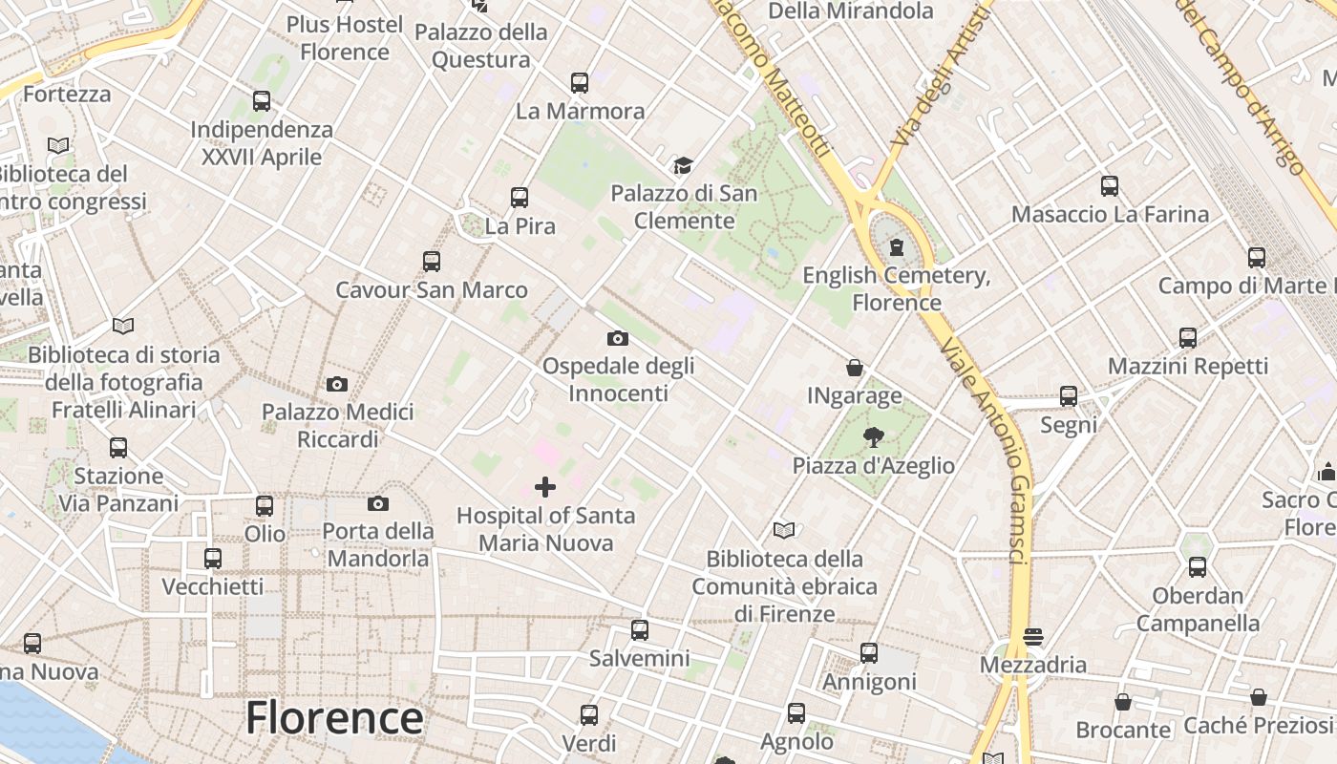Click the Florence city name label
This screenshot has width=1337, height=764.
click(334, 718)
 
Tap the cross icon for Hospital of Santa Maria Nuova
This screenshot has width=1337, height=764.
click(545, 487)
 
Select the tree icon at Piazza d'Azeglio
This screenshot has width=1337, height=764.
click(873, 437)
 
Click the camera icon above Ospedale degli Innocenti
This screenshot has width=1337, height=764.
click(618, 338)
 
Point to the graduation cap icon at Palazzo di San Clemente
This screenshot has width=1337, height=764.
click(683, 166)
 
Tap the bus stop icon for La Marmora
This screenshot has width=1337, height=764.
click(580, 83)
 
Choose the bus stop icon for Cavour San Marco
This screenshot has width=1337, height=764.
click(432, 262)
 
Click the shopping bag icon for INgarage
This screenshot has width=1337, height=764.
click(855, 368)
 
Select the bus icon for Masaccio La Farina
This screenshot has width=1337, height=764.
click(1110, 186)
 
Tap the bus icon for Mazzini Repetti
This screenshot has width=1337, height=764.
click(1188, 338)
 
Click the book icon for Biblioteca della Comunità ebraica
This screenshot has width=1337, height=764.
click(784, 530)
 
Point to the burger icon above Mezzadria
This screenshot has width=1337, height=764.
click(1033, 636)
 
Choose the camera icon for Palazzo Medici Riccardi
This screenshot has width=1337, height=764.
click(337, 384)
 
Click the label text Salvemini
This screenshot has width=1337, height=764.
click(639, 658)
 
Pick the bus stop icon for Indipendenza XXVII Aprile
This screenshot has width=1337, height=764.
click(262, 101)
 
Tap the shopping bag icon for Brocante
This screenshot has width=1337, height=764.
click(1123, 702)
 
